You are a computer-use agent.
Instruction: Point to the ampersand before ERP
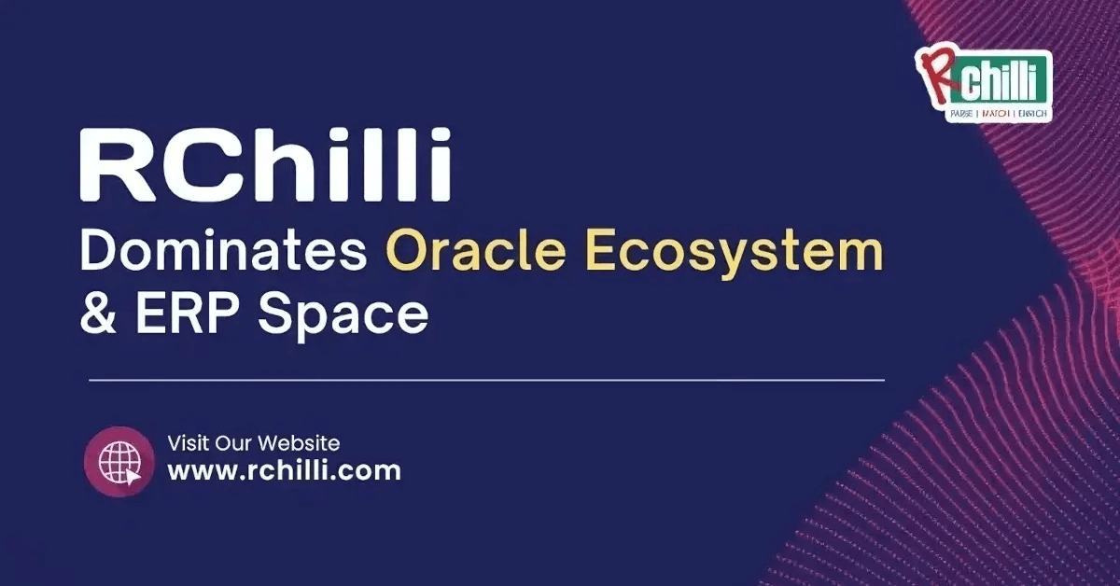[x=99, y=315]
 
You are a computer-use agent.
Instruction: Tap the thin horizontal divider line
[x=485, y=381]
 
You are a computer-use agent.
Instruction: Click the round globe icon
[x=119, y=462]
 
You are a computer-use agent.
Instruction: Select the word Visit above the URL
[x=187, y=442]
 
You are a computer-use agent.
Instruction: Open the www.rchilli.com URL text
[x=284, y=470]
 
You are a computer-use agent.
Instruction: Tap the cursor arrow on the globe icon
[x=133, y=474]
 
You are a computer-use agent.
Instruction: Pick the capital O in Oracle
[x=406, y=253]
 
